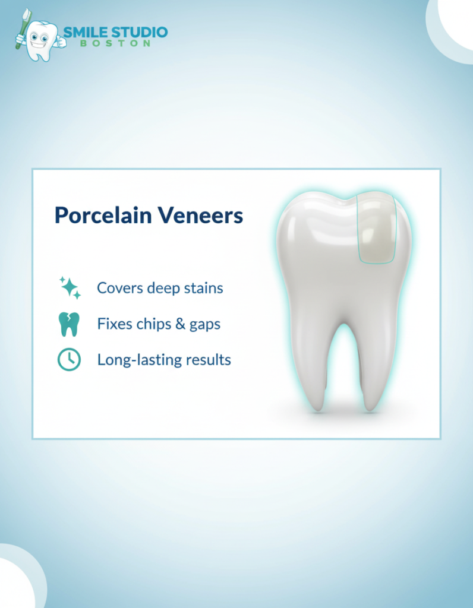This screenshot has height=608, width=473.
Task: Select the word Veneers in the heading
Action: pyautogui.click(x=203, y=216)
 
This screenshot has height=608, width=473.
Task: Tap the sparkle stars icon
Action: pyautogui.click(x=70, y=287)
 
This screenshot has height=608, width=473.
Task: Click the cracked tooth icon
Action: pyautogui.click(x=69, y=324)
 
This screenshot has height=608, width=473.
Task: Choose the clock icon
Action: pyautogui.click(x=69, y=360)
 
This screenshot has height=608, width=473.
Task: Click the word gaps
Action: pyautogui.click(x=205, y=325)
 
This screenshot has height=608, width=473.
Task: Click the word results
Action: pyautogui.click(x=207, y=360)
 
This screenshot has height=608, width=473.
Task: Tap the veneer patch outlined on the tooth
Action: pyautogui.click(x=376, y=229)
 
